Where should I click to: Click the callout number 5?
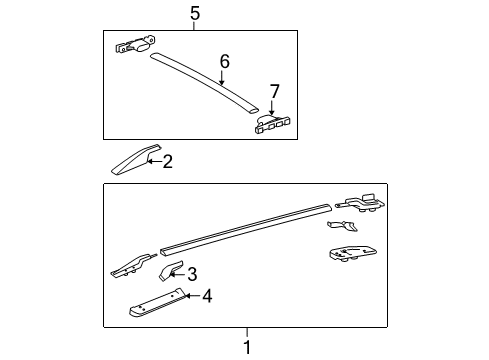[x=195, y=12]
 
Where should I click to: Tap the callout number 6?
[x=224, y=62]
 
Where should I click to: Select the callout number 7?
[x=275, y=91]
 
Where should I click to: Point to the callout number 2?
[x=167, y=161]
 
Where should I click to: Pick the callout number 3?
[x=192, y=273]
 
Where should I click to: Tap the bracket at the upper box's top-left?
[x=135, y=45]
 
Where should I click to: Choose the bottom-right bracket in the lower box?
[x=353, y=254]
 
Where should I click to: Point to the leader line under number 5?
[x=195, y=25]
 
